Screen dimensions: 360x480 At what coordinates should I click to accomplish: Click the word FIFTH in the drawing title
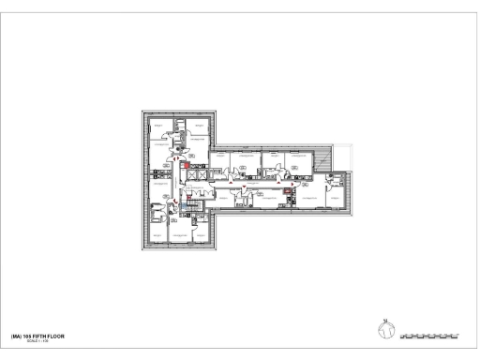37,334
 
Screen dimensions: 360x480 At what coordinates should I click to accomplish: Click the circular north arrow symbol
385,328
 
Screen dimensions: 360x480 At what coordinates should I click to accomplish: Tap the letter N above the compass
385,318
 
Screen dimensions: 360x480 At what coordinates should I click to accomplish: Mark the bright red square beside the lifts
187,166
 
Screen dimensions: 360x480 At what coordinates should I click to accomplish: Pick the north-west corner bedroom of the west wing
159,125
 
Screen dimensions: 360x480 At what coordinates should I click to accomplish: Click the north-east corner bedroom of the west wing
198,125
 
